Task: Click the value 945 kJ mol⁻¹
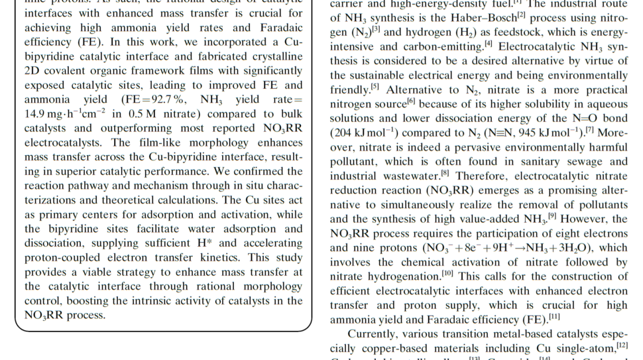click(525, 133)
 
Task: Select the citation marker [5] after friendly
click(375, 87)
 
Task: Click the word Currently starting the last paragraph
click(380, 333)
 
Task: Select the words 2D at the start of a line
click(31, 70)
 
